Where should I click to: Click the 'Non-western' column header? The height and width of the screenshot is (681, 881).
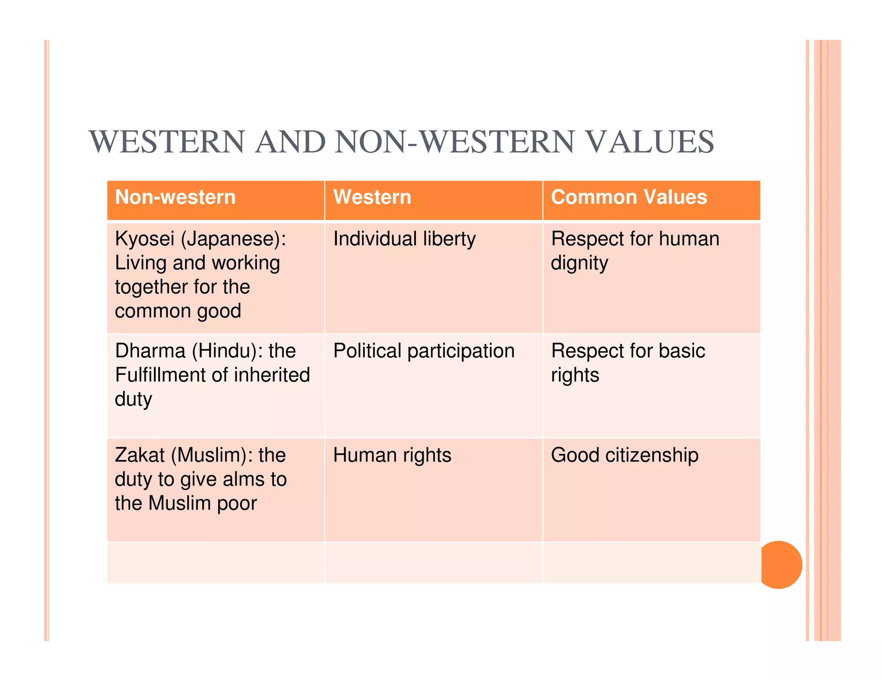click(x=175, y=198)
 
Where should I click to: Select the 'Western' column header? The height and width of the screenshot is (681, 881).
click(x=372, y=198)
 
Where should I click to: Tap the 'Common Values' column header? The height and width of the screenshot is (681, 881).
click(x=629, y=198)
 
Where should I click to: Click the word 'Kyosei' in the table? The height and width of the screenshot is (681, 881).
click(x=145, y=239)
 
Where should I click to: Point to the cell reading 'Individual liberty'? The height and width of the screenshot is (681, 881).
click(x=404, y=239)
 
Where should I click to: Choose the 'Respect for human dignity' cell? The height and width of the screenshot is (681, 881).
click(x=635, y=251)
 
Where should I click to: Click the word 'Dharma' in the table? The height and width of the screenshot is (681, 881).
click(x=150, y=351)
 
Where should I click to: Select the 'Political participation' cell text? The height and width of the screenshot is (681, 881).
click(x=424, y=351)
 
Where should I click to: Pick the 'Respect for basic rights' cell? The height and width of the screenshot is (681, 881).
click(x=628, y=362)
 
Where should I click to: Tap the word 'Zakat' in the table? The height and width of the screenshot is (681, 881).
click(x=140, y=455)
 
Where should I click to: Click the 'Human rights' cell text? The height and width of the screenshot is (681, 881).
click(x=392, y=455)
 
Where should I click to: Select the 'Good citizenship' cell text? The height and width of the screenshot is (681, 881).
click(x=625, y=455)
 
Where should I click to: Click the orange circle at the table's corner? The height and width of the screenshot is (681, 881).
click(x=780, y=565)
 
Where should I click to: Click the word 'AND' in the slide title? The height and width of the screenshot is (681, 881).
click(x=290, y=142)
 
